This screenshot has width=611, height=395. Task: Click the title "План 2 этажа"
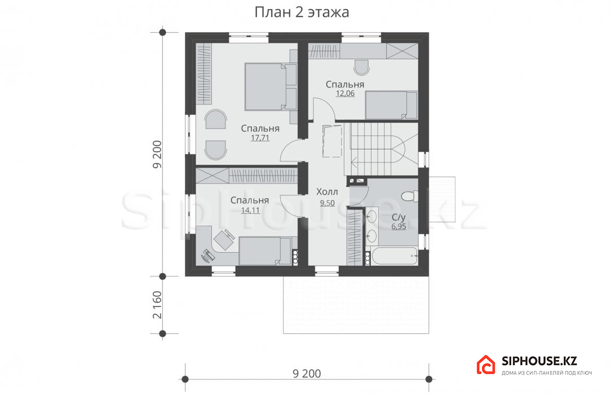[302, 12]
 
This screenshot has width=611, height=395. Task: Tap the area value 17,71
[260, 138]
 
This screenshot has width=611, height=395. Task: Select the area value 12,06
[346, 93]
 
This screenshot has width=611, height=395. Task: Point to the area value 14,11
[250, 210]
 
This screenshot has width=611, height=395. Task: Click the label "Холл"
[327, 192]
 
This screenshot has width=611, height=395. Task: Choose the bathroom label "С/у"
[399, 217]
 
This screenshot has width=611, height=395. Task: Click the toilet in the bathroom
[410, 196]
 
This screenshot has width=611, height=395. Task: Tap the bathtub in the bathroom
[393, 256]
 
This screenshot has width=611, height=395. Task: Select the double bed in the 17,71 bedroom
[271, 86]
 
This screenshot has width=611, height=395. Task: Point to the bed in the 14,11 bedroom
[264, 251]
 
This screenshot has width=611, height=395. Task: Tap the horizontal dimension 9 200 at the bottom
[307, 374]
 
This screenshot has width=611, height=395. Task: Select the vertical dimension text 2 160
[157, 305]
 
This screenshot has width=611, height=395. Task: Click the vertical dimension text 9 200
[157, 155]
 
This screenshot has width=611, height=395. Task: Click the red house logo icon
[486, 365]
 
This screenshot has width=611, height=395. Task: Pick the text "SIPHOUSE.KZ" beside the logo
[539, 361]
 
